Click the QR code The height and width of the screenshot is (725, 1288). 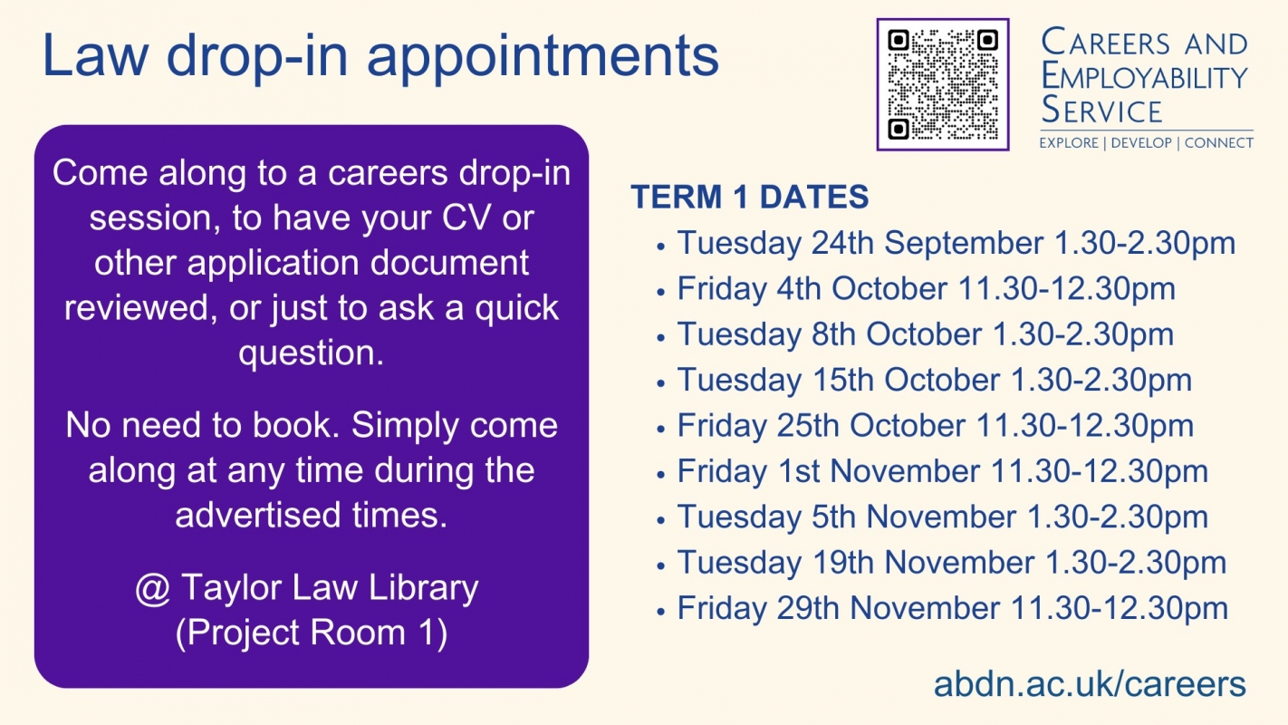coord(943,84)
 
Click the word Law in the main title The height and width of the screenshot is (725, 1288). coord(95,55)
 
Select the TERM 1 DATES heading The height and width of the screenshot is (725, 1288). coord(750,197)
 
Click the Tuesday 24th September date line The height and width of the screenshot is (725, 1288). coord(956,244)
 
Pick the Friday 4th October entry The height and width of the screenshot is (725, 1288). coord(926,289)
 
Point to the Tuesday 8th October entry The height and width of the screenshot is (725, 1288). coord(925,334)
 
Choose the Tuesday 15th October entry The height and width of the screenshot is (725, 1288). coord(935,380)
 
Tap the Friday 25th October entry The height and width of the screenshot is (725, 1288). coord(936,426)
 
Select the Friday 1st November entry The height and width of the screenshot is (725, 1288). coord(942,471)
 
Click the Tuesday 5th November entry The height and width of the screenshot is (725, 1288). coord(942,517)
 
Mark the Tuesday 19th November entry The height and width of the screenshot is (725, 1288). coord(952,562)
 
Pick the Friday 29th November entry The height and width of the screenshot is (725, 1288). coord(953,608)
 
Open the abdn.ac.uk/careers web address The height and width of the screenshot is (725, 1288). coord(1090,684)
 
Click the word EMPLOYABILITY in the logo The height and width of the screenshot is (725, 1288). coord(1144,76)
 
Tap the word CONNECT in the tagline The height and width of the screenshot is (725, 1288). coord(1219,142)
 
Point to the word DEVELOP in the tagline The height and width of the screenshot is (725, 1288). coord(1141,142)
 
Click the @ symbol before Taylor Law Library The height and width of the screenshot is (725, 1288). coord(153,589)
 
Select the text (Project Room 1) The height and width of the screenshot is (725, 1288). coord(312,633)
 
